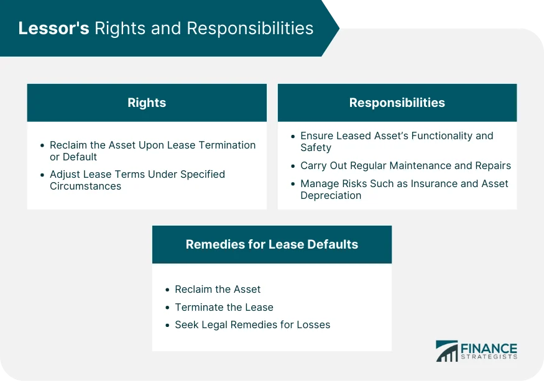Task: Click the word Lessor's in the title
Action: [x=53, y=28]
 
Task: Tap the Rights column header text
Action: [x=147, y=103]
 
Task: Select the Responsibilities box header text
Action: [x=397, y=103]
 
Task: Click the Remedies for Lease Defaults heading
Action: [x=272, y=244]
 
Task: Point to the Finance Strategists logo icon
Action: [x=447, y=351]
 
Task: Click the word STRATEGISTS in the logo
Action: [x=489, y=357]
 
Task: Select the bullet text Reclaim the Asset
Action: [x=218, y=289]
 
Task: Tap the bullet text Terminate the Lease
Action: [x=224, y=307]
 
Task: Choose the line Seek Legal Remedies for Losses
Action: [x=252, y=325]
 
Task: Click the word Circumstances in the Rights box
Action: [x=85, y=186]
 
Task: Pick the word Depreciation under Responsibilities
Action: [x=331, y=195]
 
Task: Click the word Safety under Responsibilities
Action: [x=316, y=147]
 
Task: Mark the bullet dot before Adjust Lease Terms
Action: [x=42, y=175]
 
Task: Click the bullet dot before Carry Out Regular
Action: [x=293, y=166]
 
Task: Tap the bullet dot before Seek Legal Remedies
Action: [x=168, y=325]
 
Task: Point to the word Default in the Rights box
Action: [x=80, y=157]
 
